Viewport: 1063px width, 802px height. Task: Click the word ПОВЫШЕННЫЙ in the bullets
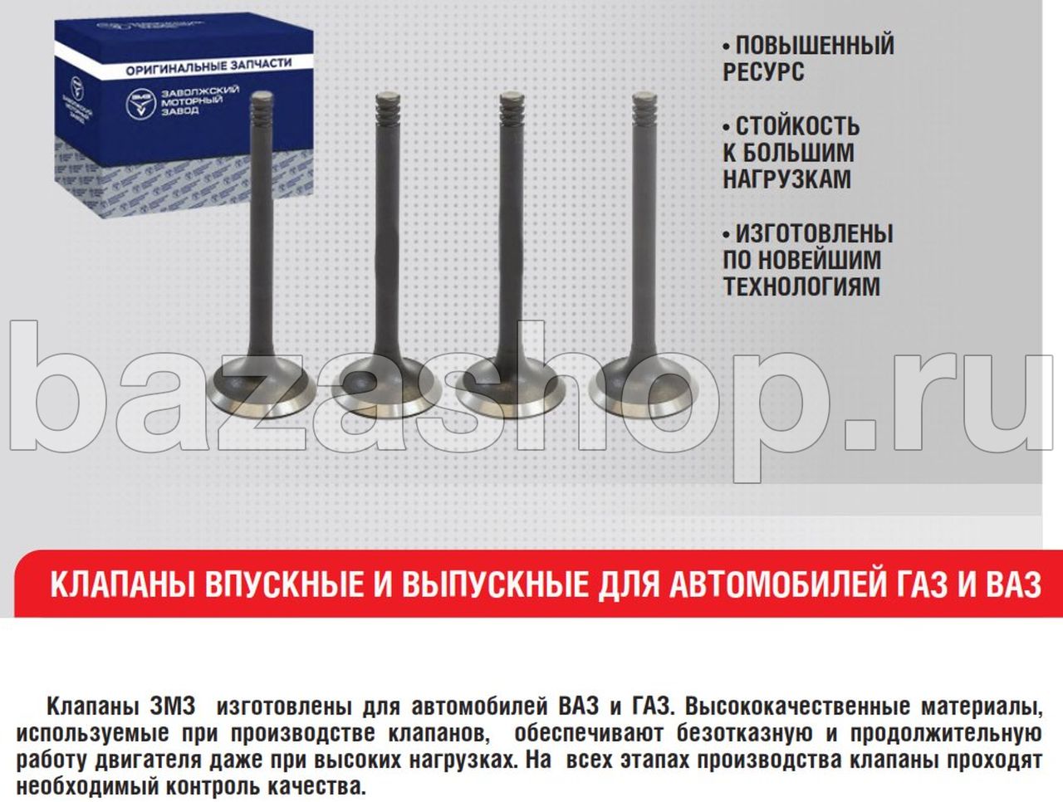(815, 46)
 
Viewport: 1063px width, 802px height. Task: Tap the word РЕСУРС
(764, 71)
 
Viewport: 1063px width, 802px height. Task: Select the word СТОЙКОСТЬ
(798, 127)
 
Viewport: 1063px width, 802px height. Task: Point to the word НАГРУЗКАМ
(787, 179)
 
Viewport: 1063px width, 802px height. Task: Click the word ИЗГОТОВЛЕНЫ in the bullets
(815, 234)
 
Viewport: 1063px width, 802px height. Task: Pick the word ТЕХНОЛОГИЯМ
(801, 286)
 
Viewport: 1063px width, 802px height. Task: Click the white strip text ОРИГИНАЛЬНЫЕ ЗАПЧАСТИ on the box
(208, 67)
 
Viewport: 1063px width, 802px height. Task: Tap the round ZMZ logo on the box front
(141, 104)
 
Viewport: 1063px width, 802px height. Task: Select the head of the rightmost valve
(644, 387)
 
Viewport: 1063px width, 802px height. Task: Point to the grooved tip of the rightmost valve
(645, 107)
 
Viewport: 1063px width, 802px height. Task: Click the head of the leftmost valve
(261, 388)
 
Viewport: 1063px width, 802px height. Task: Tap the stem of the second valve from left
(389, 232)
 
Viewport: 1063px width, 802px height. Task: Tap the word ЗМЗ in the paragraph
(173, 707)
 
